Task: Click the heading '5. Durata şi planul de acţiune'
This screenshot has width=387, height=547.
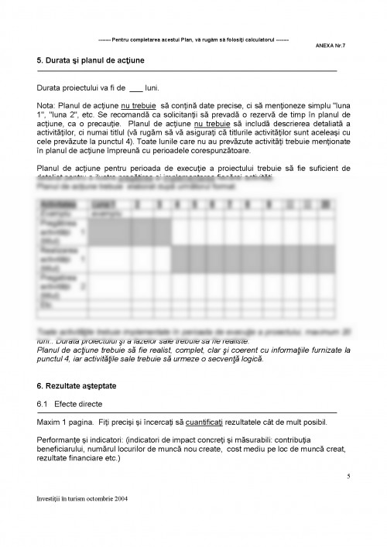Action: coord(91,60)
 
